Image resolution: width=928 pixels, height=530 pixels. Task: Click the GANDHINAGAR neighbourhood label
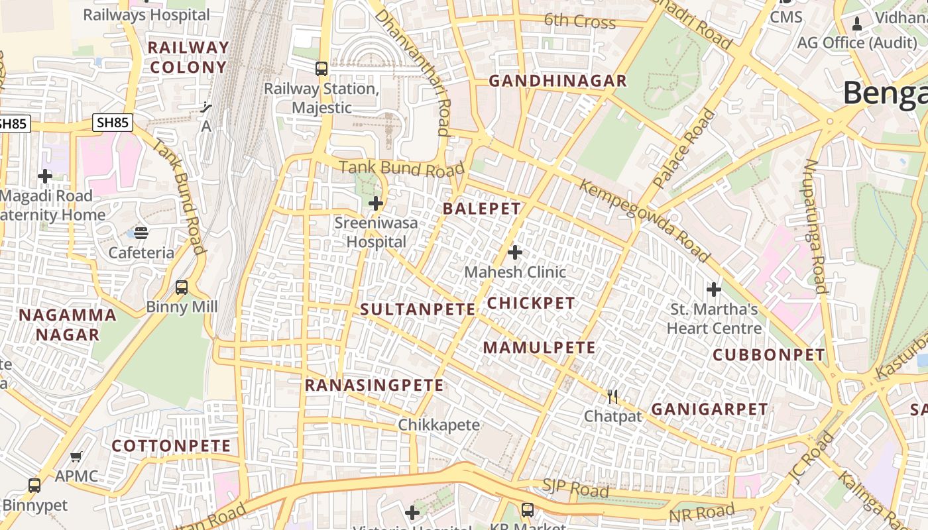click(x=557, y=81)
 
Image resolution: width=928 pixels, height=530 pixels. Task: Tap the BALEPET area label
click(x=482, y=209)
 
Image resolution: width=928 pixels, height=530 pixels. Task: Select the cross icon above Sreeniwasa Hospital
click(x=376, y=203)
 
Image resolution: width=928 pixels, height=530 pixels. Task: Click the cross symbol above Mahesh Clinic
click(x=515, y=252)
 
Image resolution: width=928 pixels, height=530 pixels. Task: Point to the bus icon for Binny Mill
click(x=182, y=288)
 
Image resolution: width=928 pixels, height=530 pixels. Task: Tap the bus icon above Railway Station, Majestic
click(x=321, y=68)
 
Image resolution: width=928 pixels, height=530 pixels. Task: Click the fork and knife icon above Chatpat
click(x=612, y=397)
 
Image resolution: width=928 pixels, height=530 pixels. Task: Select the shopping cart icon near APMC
click(x=76, y=457)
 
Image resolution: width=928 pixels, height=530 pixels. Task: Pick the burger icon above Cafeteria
click(x=141, y=233)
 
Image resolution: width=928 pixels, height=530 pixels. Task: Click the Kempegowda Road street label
click(x=645, y=220)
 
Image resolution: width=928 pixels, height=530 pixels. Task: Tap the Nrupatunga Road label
click(x=816, y=226)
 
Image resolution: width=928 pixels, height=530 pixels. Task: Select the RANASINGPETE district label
click(x=374, y=385)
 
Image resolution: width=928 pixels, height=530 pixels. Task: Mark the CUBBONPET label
click(x=769, y=355)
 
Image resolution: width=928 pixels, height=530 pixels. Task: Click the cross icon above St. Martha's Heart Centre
click(x=714, y=290)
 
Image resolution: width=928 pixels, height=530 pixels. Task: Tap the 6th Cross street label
click(x=579, y=21)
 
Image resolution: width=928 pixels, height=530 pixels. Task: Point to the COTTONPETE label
click(x=171, y=446)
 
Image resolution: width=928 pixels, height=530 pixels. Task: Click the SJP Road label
click(x=575, y=490)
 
